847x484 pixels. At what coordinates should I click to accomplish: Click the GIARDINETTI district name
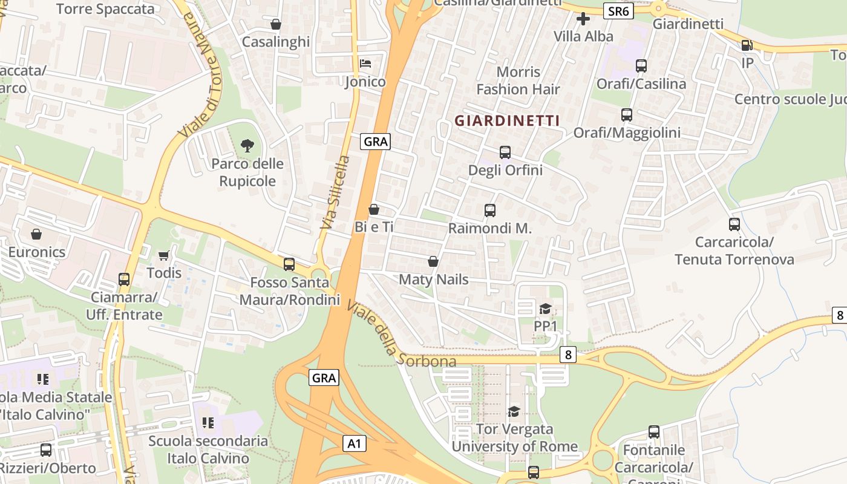507,120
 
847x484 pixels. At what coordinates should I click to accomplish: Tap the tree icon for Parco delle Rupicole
247,145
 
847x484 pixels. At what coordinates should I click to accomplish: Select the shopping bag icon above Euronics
36,234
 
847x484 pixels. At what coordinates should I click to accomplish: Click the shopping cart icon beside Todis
163,255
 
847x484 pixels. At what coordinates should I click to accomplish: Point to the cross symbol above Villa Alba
583,19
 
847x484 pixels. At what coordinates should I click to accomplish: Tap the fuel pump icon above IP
747,45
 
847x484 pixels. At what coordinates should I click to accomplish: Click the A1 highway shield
355,443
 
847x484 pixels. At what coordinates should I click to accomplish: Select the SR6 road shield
618,10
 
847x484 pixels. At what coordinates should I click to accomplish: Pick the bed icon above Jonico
365,64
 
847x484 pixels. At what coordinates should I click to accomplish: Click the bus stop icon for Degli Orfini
505,152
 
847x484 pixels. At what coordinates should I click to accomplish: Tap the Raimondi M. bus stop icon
490,211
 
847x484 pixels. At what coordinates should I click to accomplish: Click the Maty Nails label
433,279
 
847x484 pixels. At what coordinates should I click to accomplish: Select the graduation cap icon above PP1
545,309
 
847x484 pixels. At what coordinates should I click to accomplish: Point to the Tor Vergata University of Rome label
514,438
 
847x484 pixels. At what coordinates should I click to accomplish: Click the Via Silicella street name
336,192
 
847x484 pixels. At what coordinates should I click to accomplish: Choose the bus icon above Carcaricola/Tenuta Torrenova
734,224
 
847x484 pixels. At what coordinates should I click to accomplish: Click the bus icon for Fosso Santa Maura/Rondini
289,264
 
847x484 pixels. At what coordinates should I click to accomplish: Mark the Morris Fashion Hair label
518,80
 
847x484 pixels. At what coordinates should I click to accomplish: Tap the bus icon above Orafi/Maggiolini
627,115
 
